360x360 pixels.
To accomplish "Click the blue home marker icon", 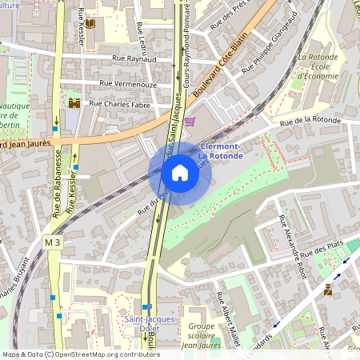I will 180,172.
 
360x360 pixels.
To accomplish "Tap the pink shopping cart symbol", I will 190,122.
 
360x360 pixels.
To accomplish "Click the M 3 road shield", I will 53,242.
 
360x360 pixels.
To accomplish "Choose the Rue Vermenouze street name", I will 130,83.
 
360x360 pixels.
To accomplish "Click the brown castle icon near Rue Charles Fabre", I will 74,103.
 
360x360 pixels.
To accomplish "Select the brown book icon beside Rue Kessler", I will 90,23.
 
